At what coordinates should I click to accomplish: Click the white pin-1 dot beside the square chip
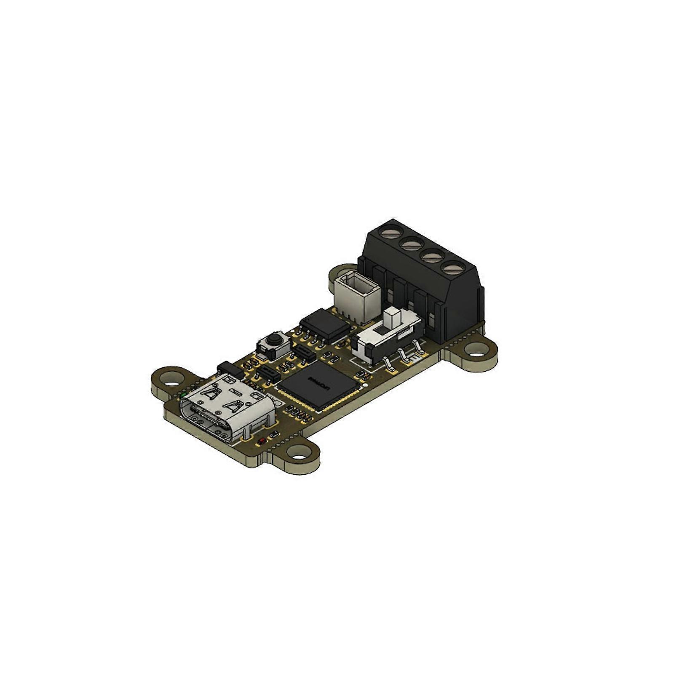pyautogui.click(x=366, y=384)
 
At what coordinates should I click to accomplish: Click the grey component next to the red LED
pyautogui.click(x=274, y=434)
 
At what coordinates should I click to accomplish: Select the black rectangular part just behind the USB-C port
pyautogui.click(x=230, y=369)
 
